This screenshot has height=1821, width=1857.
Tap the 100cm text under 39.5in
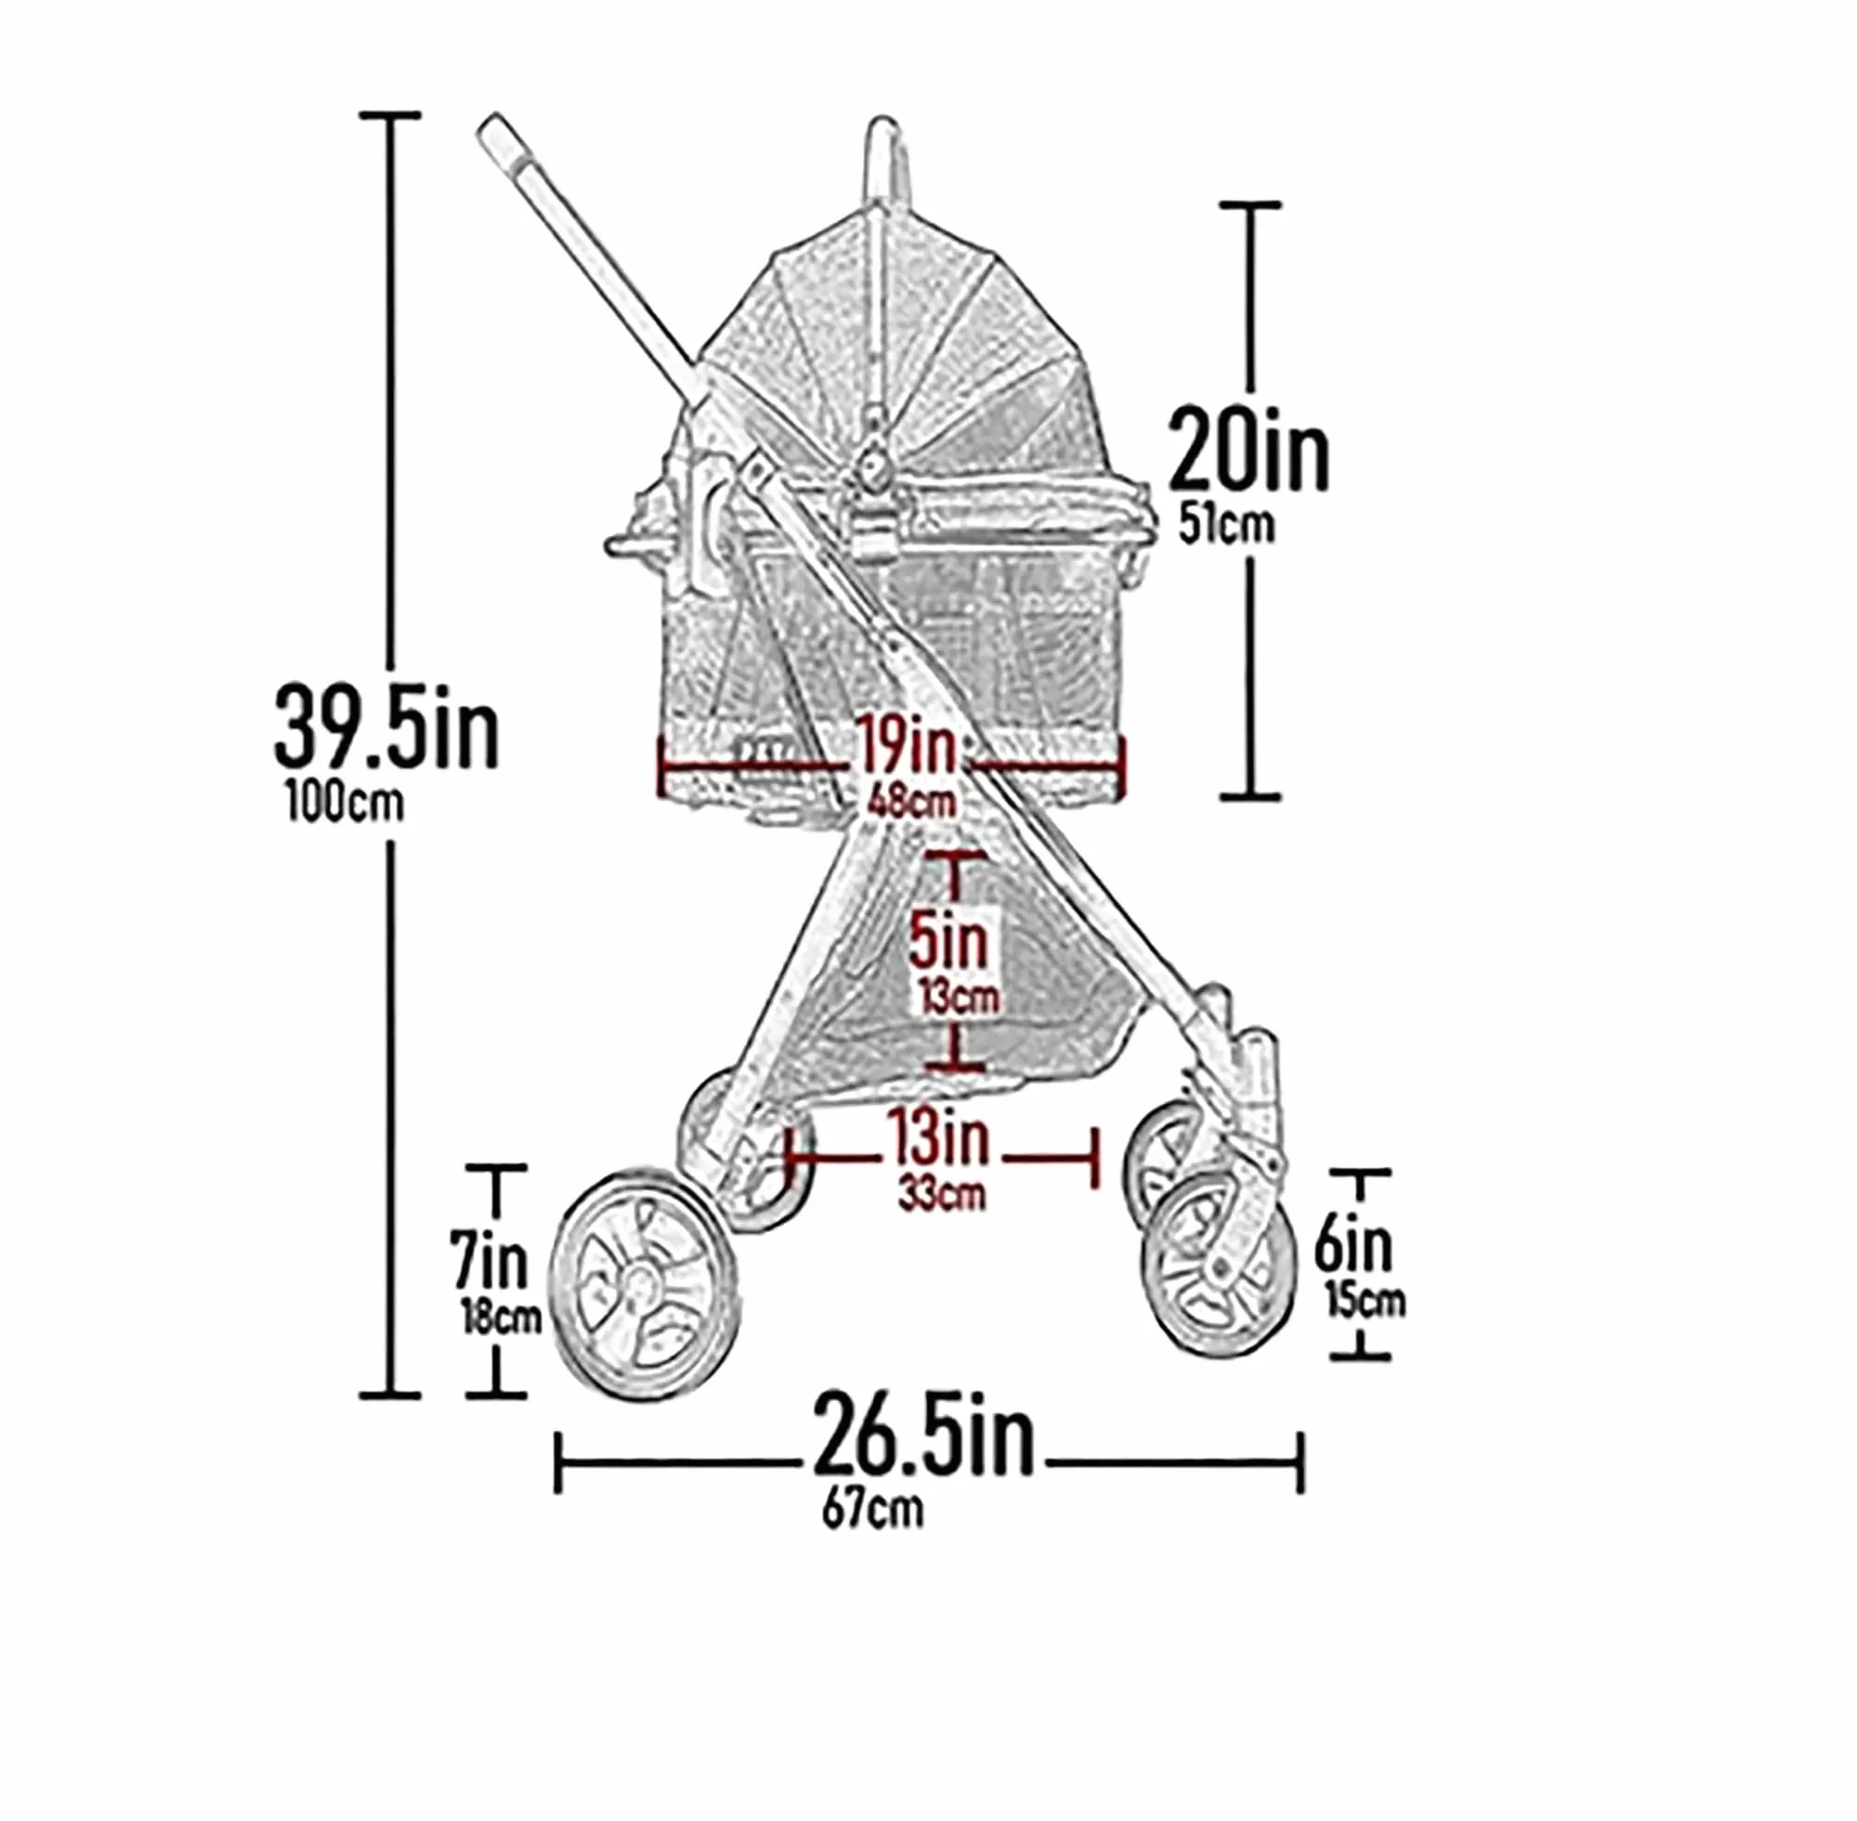pos(346,804)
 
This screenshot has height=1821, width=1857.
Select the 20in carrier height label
pos(1248,449)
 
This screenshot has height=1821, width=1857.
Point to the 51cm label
pos(1226,525)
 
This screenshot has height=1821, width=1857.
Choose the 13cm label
pos(959,997)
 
